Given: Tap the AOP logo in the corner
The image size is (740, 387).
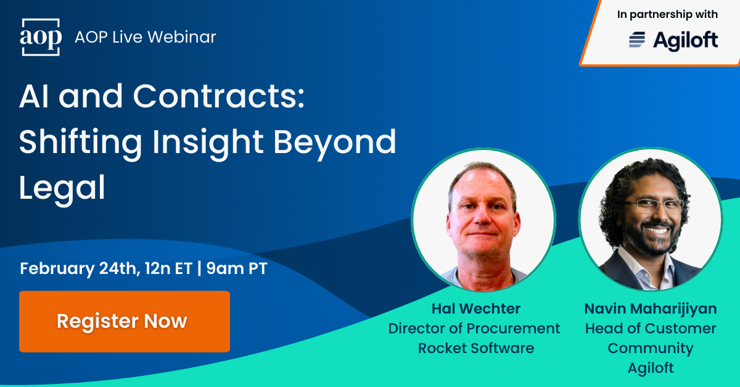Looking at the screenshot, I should click(x=41, y=38).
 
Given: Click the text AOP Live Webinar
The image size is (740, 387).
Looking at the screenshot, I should click(x=145, y=37).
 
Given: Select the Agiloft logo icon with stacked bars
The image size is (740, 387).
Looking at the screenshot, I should click(x=637, y=40).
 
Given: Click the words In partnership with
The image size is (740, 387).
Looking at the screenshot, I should click(x=667, y=15).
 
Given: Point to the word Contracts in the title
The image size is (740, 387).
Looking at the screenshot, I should click(x=218, y=97).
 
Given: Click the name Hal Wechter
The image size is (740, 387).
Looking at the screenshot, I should click(x=475, y=309).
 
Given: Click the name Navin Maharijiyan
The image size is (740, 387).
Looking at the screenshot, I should click(x=651, y=309).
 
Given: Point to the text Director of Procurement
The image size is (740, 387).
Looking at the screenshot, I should click(x=474, y=328).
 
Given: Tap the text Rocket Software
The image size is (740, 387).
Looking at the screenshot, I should click(x=475, y=348).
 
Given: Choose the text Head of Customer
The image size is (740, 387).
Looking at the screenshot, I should click(x=651, y=328).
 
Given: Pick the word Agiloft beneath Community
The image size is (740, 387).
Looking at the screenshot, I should click(x=651, y=368).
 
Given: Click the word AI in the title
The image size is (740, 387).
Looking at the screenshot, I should click(x=35, y=97).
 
